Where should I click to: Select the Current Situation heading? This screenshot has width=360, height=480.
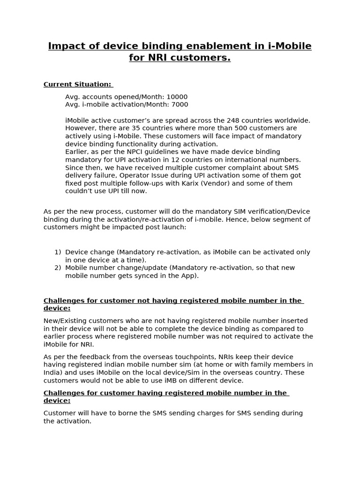78,84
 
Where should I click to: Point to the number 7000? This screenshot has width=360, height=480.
178,105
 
